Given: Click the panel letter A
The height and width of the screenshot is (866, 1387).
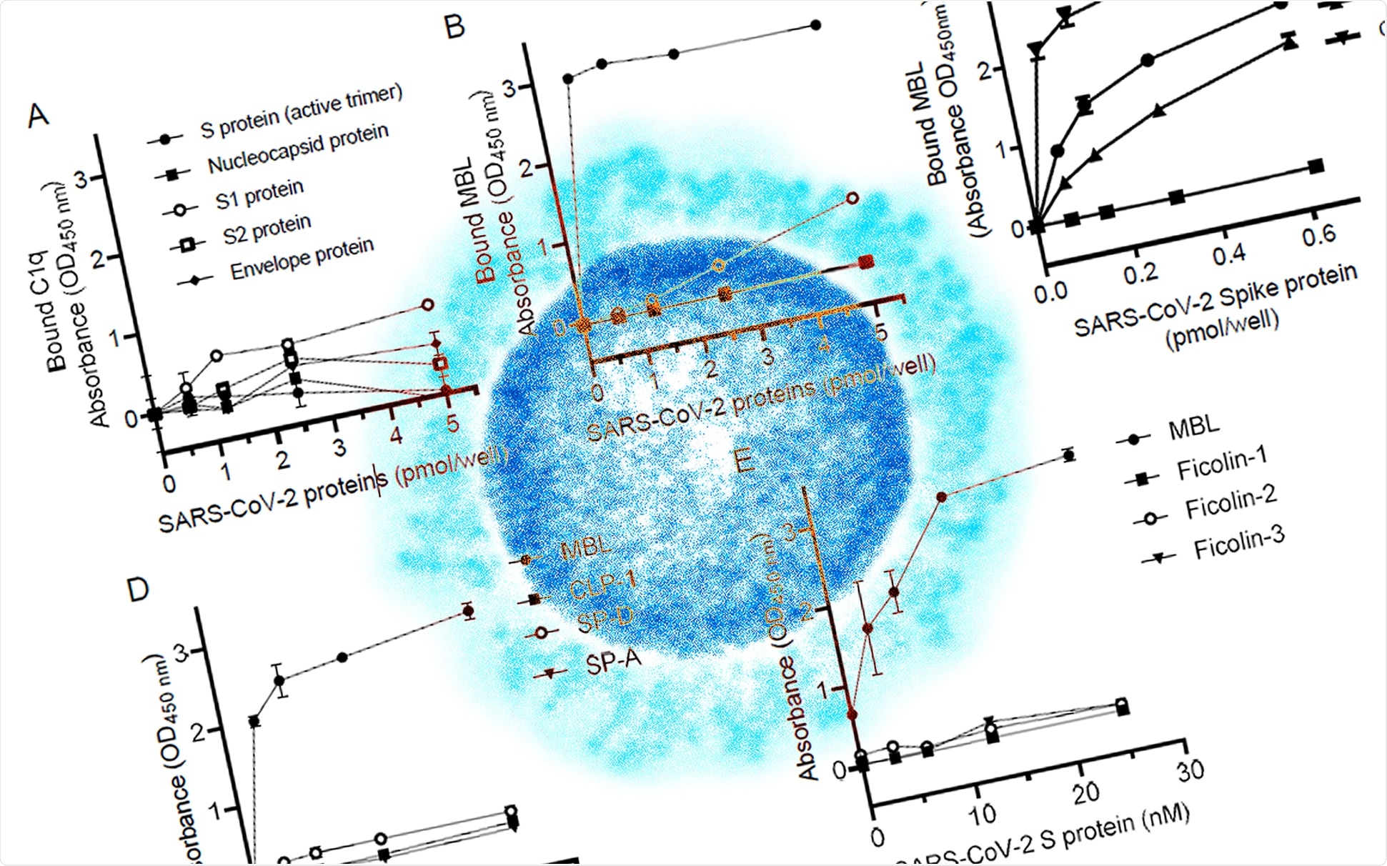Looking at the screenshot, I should [39, 115].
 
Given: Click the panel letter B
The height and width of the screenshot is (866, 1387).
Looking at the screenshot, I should [454, 27].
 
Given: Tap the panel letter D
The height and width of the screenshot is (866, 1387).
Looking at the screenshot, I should [137, 590].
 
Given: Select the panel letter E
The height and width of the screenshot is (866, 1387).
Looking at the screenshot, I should [745, 461].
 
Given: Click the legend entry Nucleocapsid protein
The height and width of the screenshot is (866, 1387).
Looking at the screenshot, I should [298, 149].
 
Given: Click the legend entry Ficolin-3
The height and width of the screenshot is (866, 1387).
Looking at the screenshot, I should [1239, 543].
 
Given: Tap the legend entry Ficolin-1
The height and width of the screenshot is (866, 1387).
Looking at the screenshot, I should [1222, 464].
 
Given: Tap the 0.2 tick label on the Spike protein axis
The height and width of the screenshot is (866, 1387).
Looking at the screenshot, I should [1140, 273].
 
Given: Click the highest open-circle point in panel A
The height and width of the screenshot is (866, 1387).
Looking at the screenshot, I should [427, 305].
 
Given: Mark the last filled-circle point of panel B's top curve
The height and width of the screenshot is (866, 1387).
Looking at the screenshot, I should [816, 26].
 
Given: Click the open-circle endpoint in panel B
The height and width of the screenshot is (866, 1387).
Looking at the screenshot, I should [852, 198].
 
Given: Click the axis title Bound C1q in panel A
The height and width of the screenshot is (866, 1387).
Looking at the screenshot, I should [56, 312].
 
